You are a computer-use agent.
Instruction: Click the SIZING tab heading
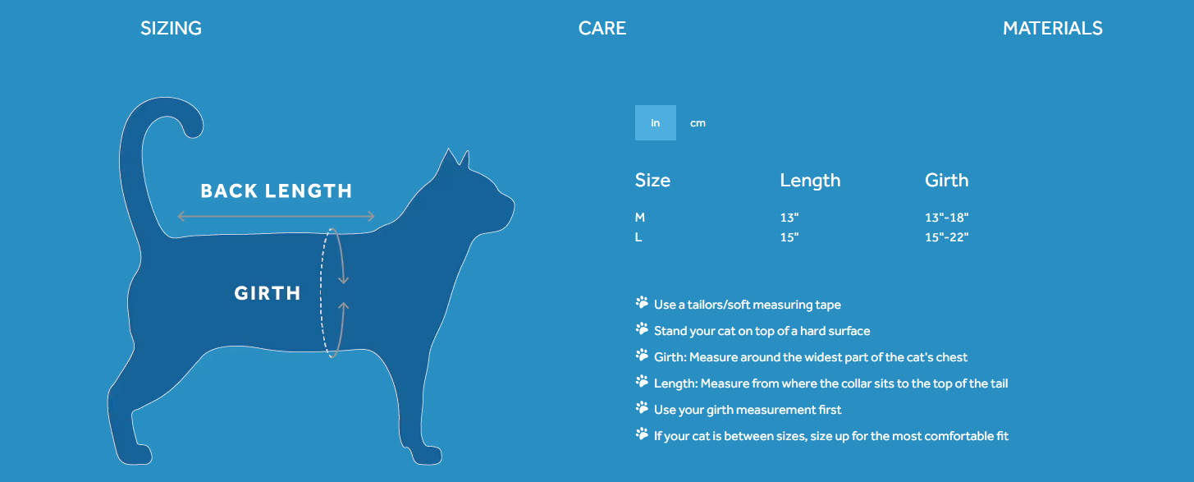click(x=172, y=28)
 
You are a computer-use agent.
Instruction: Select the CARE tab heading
click(x=602, y=28)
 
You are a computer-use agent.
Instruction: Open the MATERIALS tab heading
click(x=1053, y=28)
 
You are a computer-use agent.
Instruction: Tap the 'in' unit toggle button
click(x=655, y=122)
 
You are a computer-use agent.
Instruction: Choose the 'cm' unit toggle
click(x=698, y=123)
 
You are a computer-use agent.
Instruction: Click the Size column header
click(x=652, y=180)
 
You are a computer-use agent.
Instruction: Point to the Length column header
click(x=810, y=181)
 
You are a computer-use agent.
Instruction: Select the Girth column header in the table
click(x=947, y=180)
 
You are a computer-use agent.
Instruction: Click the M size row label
click(x=639, y=218)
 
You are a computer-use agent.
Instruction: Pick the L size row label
click(x=638, y=237)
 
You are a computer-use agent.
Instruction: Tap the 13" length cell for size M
click(x=789, y=218)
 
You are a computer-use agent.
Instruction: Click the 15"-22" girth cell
click(x=947, y=237)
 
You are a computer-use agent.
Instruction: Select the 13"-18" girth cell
click(x=947, y=218)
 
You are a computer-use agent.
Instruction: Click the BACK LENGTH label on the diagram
click(x=276, y=191)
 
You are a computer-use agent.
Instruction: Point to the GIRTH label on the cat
click(x=268, y=293)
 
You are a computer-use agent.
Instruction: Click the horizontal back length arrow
click(x=276, y=216)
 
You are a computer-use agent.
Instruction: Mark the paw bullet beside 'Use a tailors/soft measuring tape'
click(x=642, y=303)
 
